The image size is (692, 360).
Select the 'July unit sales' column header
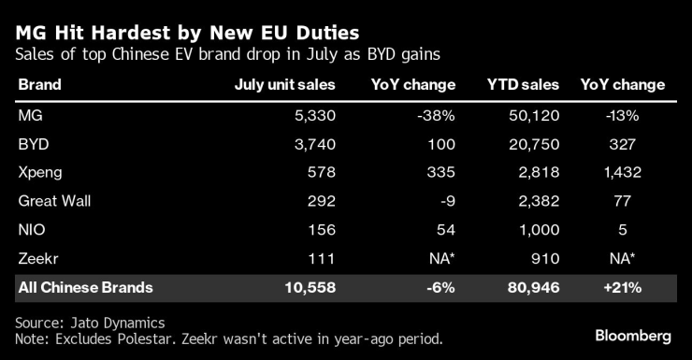tap(284, 84)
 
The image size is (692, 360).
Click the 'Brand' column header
tap(39, 84)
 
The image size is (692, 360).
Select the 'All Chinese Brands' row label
tap(85, 287)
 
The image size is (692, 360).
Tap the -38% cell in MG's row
tap(436, 114)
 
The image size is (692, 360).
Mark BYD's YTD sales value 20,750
tap(536, 143)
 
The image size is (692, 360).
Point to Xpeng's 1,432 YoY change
tap(622, 172)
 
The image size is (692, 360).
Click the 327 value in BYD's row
tap(623, 143)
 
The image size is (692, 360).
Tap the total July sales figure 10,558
tap(309, 287)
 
